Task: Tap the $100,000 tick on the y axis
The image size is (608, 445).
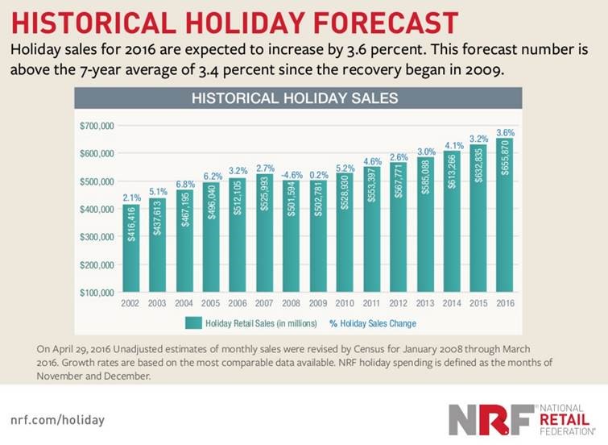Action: click(97, 293)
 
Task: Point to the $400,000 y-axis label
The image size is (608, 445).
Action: click(97, 209)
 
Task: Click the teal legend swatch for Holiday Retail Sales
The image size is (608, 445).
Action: click(192, 322)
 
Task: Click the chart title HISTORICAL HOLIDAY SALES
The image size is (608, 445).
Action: click(298, 99)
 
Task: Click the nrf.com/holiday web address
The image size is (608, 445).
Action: click(57, 420)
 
